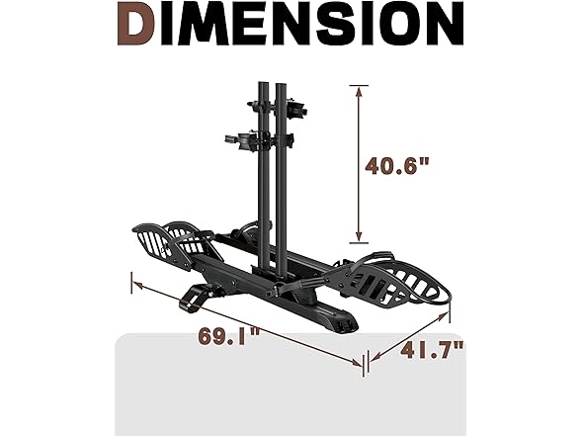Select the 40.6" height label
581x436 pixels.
[397, 166]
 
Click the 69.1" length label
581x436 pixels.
[229, 336]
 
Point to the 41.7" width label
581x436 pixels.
[432, 350]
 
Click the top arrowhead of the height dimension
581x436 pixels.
[359, 92]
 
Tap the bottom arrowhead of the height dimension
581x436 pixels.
[359, 237]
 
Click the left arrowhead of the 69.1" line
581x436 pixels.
[138, 285]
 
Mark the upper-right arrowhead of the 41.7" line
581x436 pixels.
[444, 316]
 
